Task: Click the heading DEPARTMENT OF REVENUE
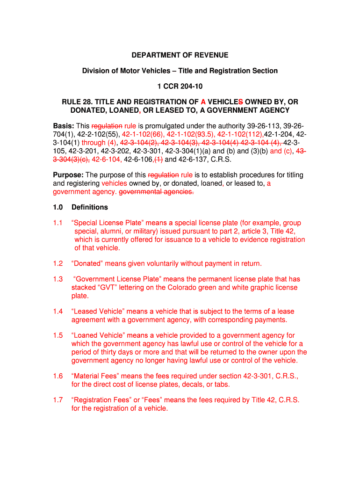pos(180,55)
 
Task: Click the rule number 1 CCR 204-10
pos(180,87)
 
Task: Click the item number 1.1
pos(58,223)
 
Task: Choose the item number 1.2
pos(58,263)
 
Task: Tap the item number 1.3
pos(58,279)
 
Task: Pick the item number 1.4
pos(58,312)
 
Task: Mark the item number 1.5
pos(58,335)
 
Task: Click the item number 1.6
pos(58,376)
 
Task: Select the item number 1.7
pos(58,400)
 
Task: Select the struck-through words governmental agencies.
pos(157,192)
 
